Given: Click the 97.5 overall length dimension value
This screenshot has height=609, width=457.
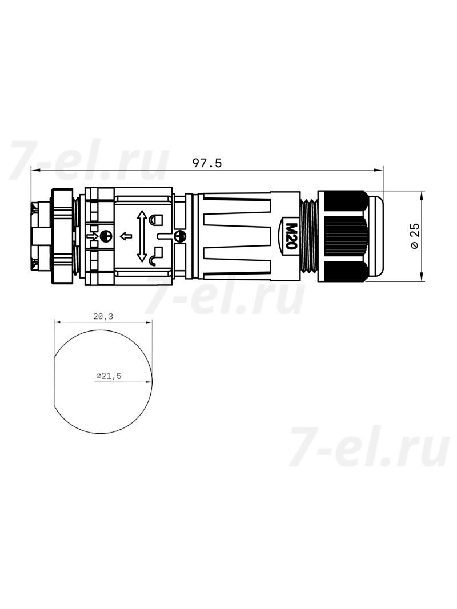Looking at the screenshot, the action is click(207, 163).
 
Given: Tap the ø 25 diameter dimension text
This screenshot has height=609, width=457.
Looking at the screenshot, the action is click(415, 236).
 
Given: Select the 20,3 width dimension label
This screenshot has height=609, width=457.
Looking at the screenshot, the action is click(103, 317).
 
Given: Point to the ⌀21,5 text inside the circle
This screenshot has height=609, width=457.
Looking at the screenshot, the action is click(109, 376).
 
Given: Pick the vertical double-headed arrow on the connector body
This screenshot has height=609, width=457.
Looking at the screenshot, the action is click(142, 236).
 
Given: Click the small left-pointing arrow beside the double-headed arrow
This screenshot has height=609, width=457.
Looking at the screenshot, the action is click(126, 236).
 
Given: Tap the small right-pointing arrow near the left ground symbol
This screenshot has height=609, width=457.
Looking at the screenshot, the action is click(91, 236).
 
